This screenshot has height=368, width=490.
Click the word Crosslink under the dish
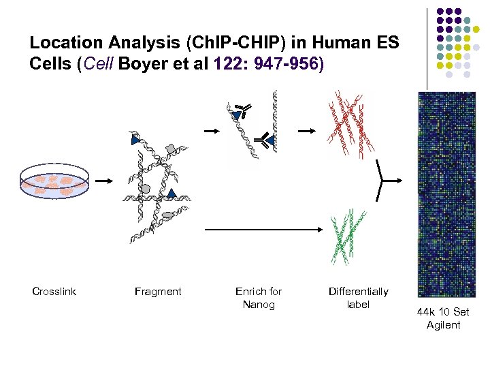(54, 292)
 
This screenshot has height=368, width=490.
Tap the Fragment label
(158, 292)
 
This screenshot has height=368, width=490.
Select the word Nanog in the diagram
(259, 305)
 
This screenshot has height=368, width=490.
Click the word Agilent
(443, 325)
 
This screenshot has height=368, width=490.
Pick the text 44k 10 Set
(443, 312)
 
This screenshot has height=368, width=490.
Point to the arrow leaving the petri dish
(103, 181)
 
